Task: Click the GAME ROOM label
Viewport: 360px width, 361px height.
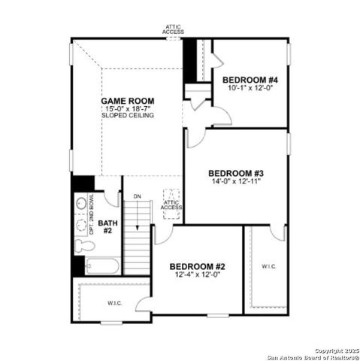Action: (129, 101)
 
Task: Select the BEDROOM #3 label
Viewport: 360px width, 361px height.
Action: (234, 172)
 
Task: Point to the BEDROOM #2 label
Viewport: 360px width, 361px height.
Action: (197, 266)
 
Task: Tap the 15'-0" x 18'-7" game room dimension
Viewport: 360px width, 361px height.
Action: (129, 109)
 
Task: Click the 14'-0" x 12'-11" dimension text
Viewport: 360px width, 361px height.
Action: (234, 180)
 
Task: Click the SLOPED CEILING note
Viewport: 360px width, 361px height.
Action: (129, 117)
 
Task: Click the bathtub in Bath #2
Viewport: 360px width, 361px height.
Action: (101, 266)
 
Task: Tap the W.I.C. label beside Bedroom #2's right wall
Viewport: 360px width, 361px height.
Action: (269, 266)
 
